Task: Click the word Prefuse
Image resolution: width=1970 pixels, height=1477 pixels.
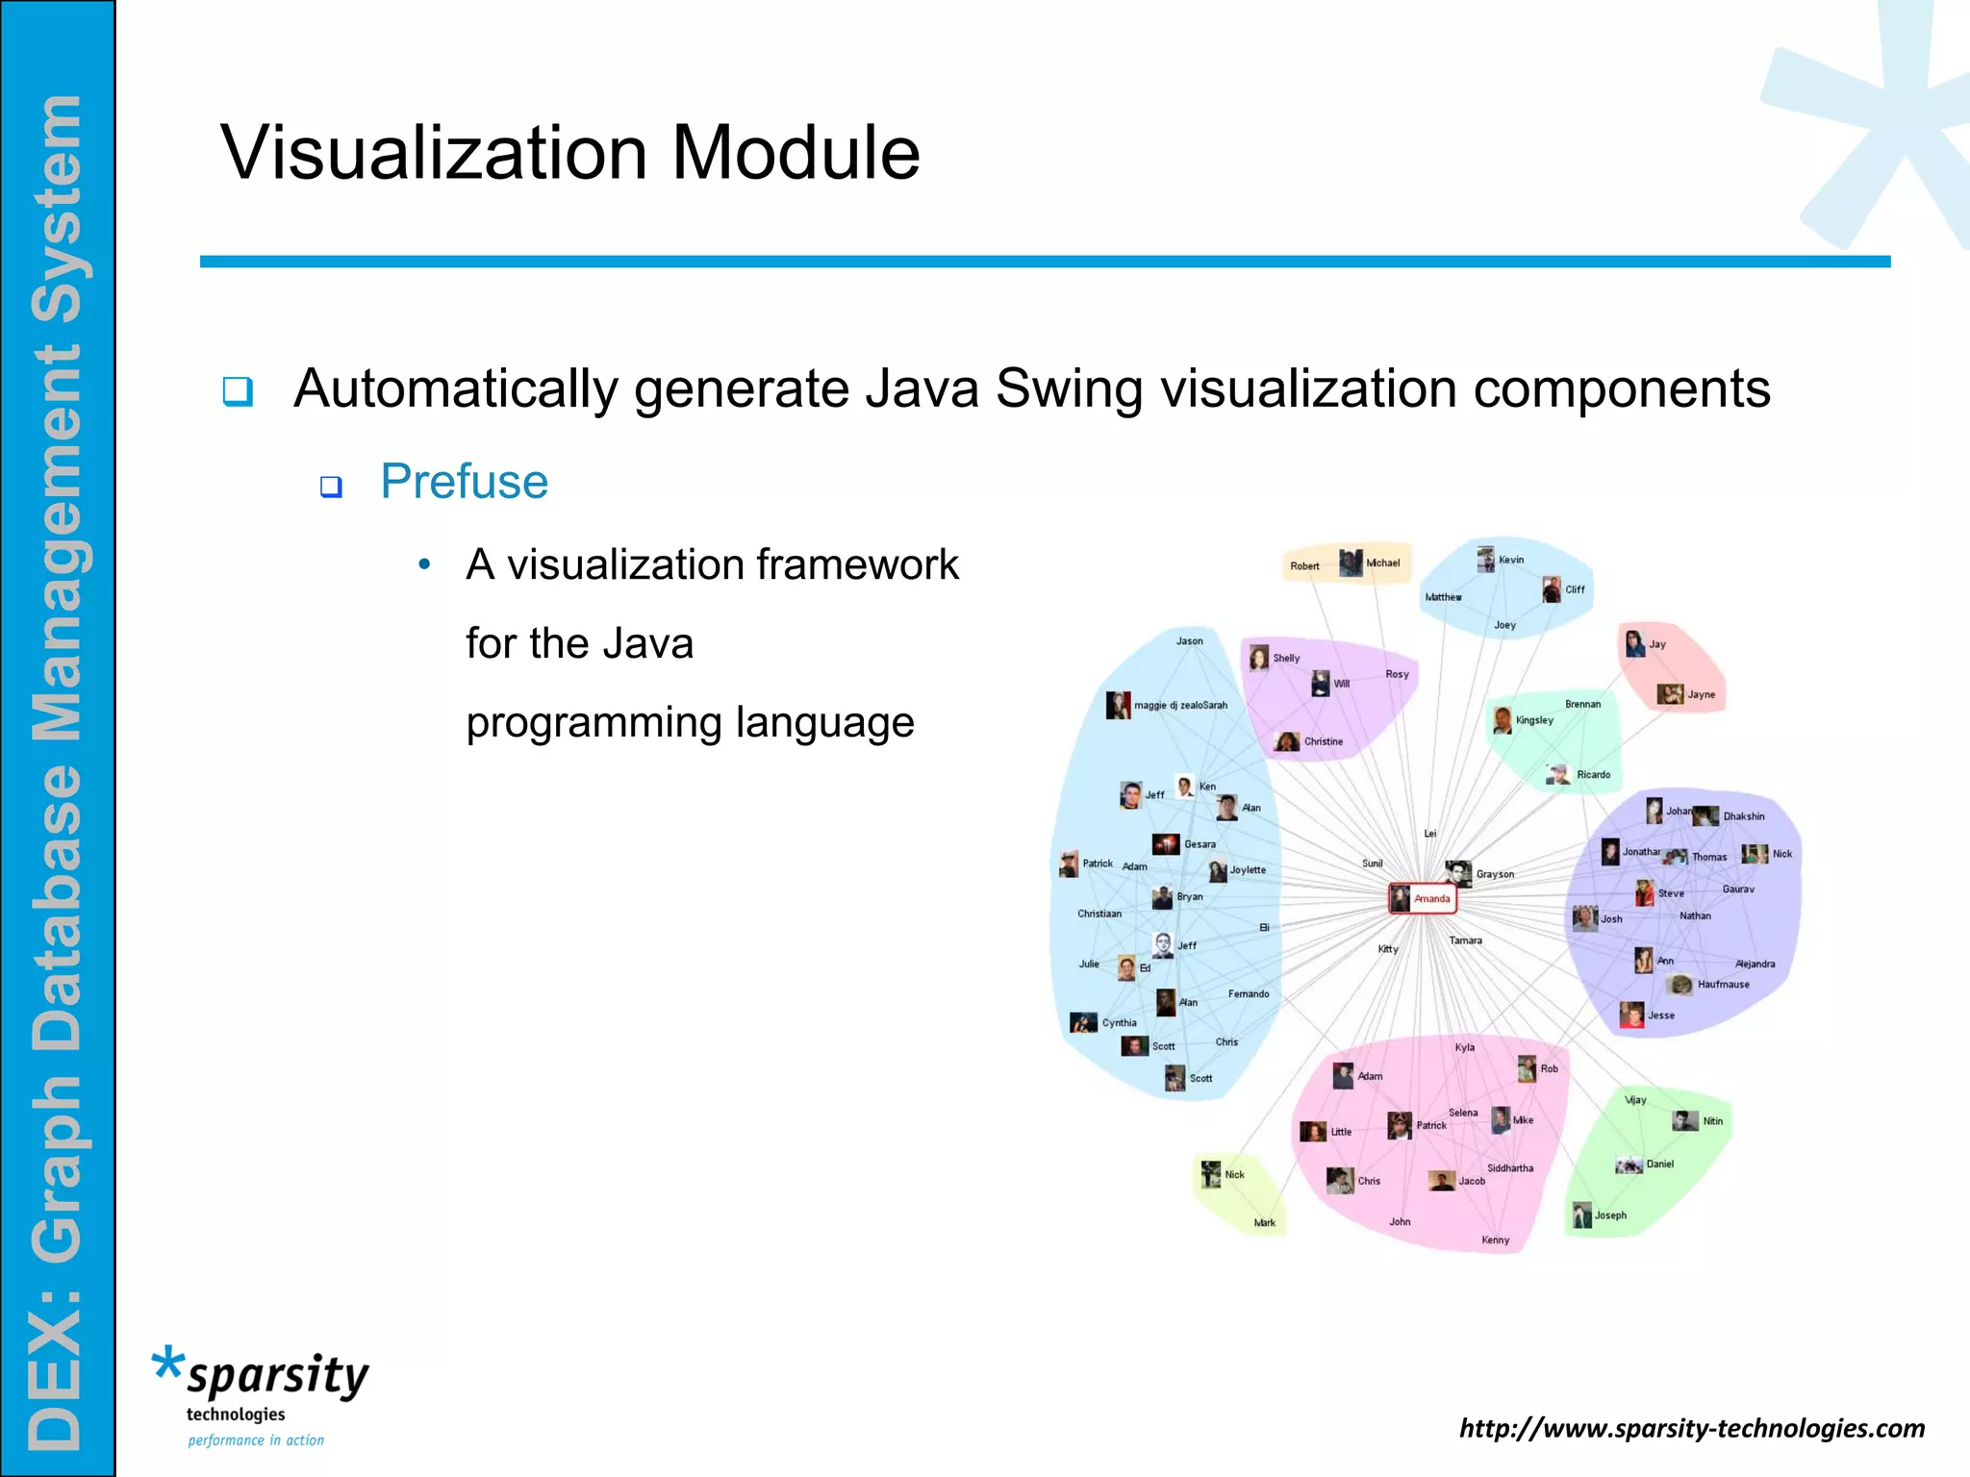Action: [x=464, y=481]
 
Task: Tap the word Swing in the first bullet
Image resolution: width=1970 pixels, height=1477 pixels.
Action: [x=1069, y=388]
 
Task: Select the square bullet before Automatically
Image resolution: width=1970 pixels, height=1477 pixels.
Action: [x=238, y=391]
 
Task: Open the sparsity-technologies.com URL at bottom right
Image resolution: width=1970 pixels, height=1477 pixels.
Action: [x=1691, y=1428]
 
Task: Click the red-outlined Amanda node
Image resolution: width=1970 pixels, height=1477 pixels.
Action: [x=1423, y=898]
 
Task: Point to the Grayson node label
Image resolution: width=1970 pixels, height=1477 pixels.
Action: [x=1495, y=874]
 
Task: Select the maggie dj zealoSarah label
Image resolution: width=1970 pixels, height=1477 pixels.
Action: [x=1180, y=705]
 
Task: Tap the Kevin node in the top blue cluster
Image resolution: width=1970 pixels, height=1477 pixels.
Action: [x=1510, y=560]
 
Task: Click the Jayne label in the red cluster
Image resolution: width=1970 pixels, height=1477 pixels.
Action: [x=1701, y=694]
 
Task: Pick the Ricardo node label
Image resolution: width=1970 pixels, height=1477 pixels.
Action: [x=1593, y=774]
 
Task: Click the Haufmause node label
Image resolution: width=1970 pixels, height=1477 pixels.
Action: [x=1723, y=984]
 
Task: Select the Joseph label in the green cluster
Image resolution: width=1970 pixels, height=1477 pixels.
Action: [x=1610, y=1215]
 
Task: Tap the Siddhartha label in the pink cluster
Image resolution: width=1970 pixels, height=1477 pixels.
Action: [x=1510, y=1168]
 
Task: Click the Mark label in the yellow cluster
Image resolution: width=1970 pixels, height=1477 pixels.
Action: [x=1264, y=1223]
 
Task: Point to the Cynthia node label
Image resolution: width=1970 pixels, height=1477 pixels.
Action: [x=1119, y=1023]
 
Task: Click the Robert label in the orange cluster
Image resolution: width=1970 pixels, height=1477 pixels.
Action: [x=1304, y=566]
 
